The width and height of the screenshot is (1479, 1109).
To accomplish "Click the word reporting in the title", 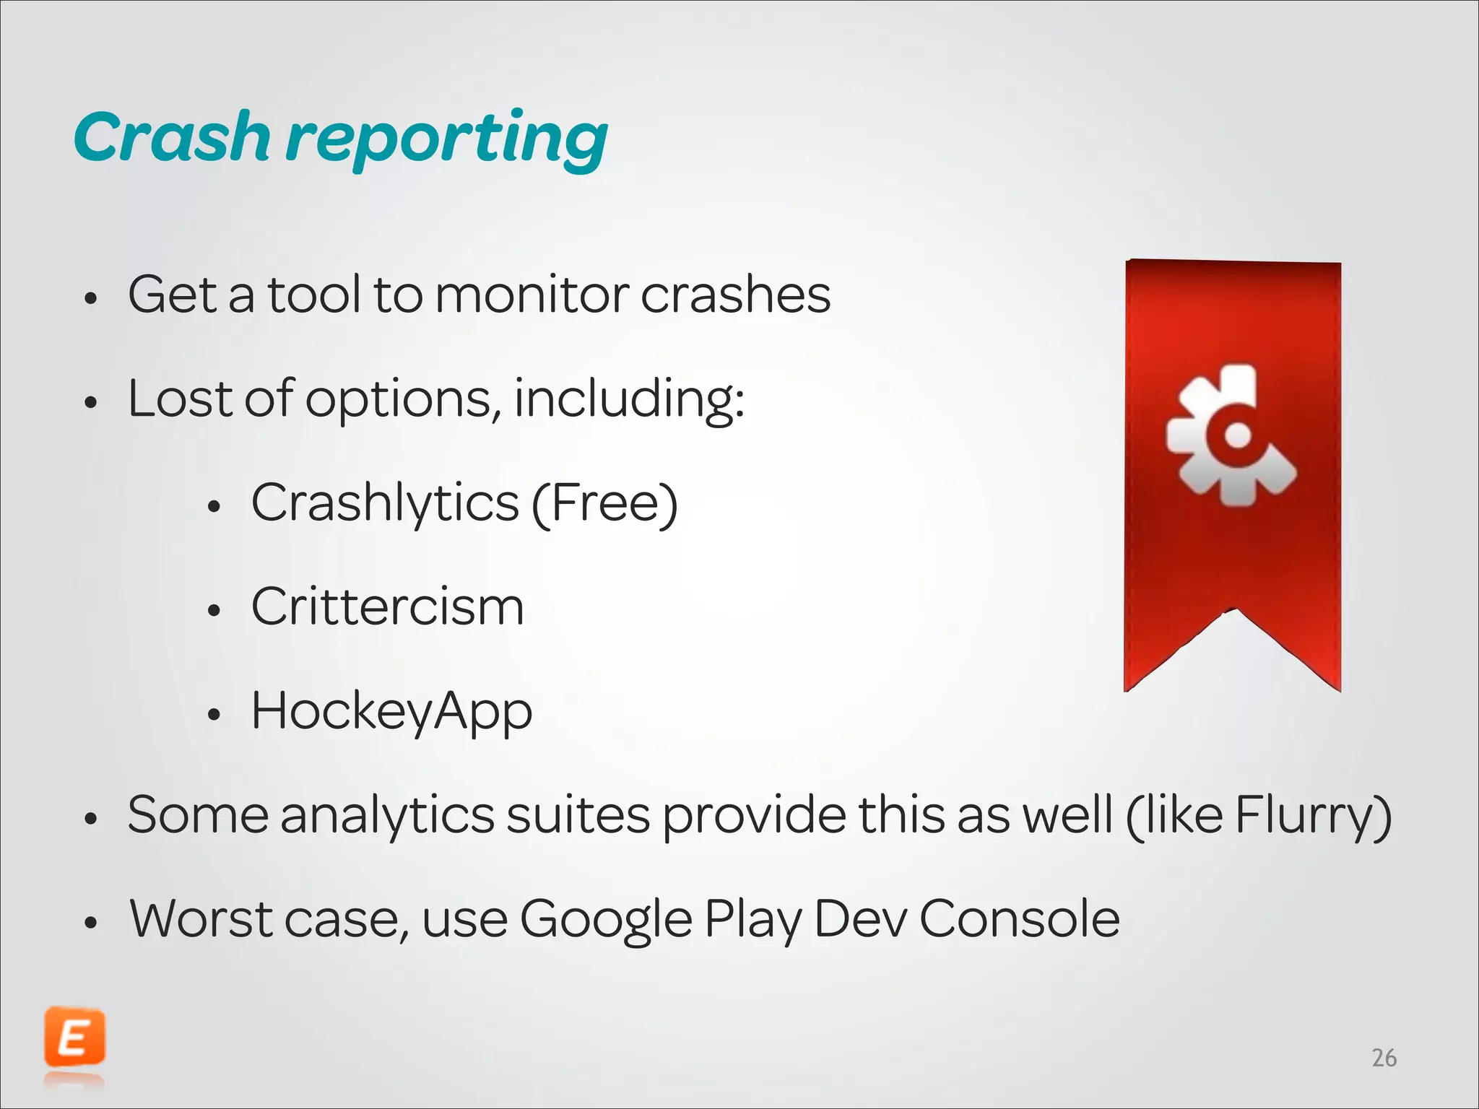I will coord(448,141).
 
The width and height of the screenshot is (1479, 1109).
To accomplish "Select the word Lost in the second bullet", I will coord(180,399).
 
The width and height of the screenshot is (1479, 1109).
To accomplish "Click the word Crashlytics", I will coord(385,503).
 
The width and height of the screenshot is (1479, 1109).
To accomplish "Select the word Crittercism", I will coord(387,607).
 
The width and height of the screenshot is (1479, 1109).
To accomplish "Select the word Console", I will coord(1019,919).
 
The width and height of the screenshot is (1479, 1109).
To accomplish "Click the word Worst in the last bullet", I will coord(201,919).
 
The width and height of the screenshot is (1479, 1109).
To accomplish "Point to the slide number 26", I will coord(1384,1058).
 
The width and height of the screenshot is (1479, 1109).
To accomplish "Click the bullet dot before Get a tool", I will coord(90,298).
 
